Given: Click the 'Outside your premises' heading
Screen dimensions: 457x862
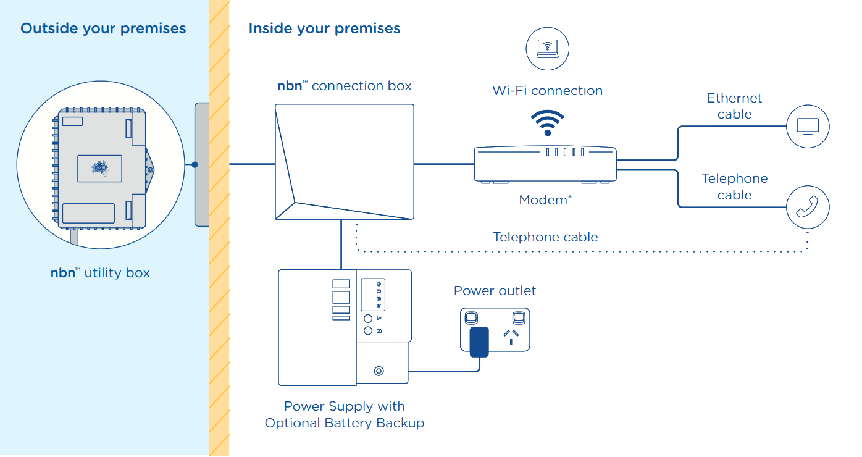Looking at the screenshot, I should [103, 28].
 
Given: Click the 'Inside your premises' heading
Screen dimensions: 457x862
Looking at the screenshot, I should [324, 28].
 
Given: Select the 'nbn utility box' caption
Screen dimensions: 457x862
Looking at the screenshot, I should [100, 272].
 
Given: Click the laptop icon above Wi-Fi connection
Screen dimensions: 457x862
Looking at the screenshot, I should [547, 48].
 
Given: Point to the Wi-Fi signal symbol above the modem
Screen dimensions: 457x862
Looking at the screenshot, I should [547, 122].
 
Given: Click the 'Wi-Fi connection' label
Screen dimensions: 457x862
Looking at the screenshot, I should [547, 91].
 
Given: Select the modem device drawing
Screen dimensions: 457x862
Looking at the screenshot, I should [545, 164].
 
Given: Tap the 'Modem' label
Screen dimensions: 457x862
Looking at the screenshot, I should [543, 199].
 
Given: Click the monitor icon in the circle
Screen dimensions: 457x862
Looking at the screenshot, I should [808, 127].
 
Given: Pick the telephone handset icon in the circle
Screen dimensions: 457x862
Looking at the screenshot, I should [808, 208].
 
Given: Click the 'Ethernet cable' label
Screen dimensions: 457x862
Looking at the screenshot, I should [734, 106].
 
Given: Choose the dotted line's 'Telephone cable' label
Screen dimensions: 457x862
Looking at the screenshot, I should [545, 237].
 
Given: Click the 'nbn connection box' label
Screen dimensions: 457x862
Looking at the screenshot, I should [344, 86].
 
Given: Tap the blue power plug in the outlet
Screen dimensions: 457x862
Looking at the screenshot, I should [479, 342].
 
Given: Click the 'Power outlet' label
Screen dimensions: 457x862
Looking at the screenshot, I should [495, 291].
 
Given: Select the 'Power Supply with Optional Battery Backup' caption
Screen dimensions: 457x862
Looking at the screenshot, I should [344, 414].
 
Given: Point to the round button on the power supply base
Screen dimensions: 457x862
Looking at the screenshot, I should [379, 371].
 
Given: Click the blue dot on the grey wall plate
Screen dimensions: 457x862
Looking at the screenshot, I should [195, 165].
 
